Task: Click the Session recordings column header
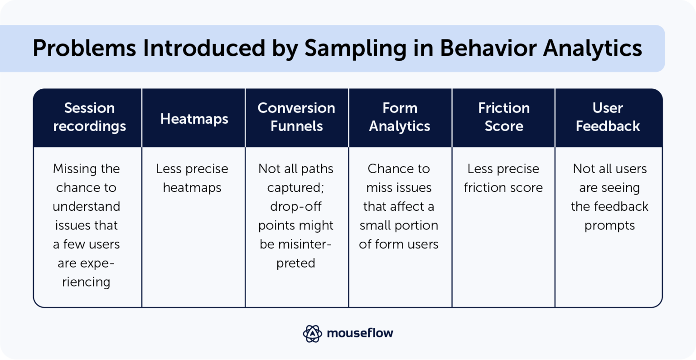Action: pos(89,117)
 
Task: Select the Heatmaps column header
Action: pos(194,119)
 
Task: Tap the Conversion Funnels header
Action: pos(296,117)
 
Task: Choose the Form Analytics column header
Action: pos(399,117)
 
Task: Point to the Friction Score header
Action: pos(503,117)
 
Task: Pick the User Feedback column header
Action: pos(608,117)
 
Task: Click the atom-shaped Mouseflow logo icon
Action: pos(312,333)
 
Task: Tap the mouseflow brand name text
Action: pos(360,333)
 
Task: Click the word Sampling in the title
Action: pos(355,48)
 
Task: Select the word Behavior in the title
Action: pos(488,48)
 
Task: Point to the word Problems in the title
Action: pos(84,48)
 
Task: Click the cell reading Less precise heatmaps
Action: pos(192,178)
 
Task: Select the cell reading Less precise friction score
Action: pos(503,178)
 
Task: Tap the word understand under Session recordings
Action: pos(86,207)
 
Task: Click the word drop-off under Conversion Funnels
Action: pos(296,207)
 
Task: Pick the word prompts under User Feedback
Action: pos(609,226)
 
